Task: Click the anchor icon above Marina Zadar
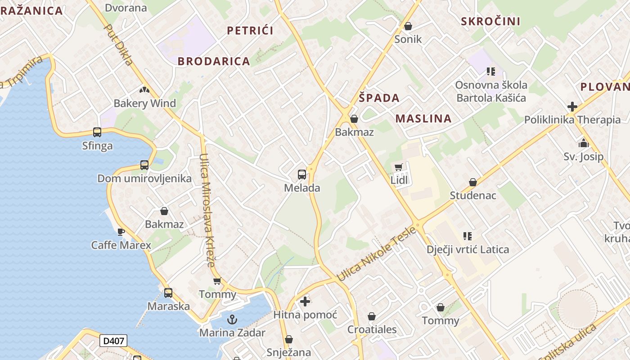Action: [x=232, y=320]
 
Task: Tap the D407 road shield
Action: [x=113, y=341]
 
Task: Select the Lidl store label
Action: [x=399, y=180]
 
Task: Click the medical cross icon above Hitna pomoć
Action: [x=305, y=301]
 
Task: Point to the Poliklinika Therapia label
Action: [x=572, y=120]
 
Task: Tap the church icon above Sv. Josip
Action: [x=584, y=144]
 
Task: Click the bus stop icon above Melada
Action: [x=302, y=175]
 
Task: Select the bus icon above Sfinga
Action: [x=97, y=132]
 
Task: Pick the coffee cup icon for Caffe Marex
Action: [x=121, y=232]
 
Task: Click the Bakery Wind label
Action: [x=144, y=103]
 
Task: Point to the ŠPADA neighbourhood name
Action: [x=379, y=98]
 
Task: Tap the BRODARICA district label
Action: [x=214, y=62]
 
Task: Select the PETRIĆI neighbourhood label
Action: [x=250, y=31]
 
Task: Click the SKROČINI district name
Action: [x=490, y=21]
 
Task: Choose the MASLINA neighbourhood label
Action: [x=423, y=118]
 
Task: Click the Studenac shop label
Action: [x=473, y=195]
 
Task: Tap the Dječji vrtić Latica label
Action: [x=468, y=249]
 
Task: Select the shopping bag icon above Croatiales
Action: [x=372, y=316]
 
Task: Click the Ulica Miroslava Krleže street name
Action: [x=207, y=210]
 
